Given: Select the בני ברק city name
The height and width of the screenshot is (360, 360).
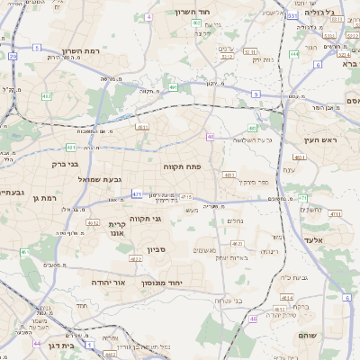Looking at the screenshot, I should (x=66, y=165).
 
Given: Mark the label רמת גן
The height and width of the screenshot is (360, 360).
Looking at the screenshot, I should (x=42, y=197).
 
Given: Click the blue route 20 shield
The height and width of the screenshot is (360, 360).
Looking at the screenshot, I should (x=13, y=56).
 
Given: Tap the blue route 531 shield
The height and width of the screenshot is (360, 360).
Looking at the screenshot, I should (x=293, y=15).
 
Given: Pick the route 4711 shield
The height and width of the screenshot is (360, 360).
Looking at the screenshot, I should (x=335, y=214).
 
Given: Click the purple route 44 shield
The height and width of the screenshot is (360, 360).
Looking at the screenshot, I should (x=37, y=343).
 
